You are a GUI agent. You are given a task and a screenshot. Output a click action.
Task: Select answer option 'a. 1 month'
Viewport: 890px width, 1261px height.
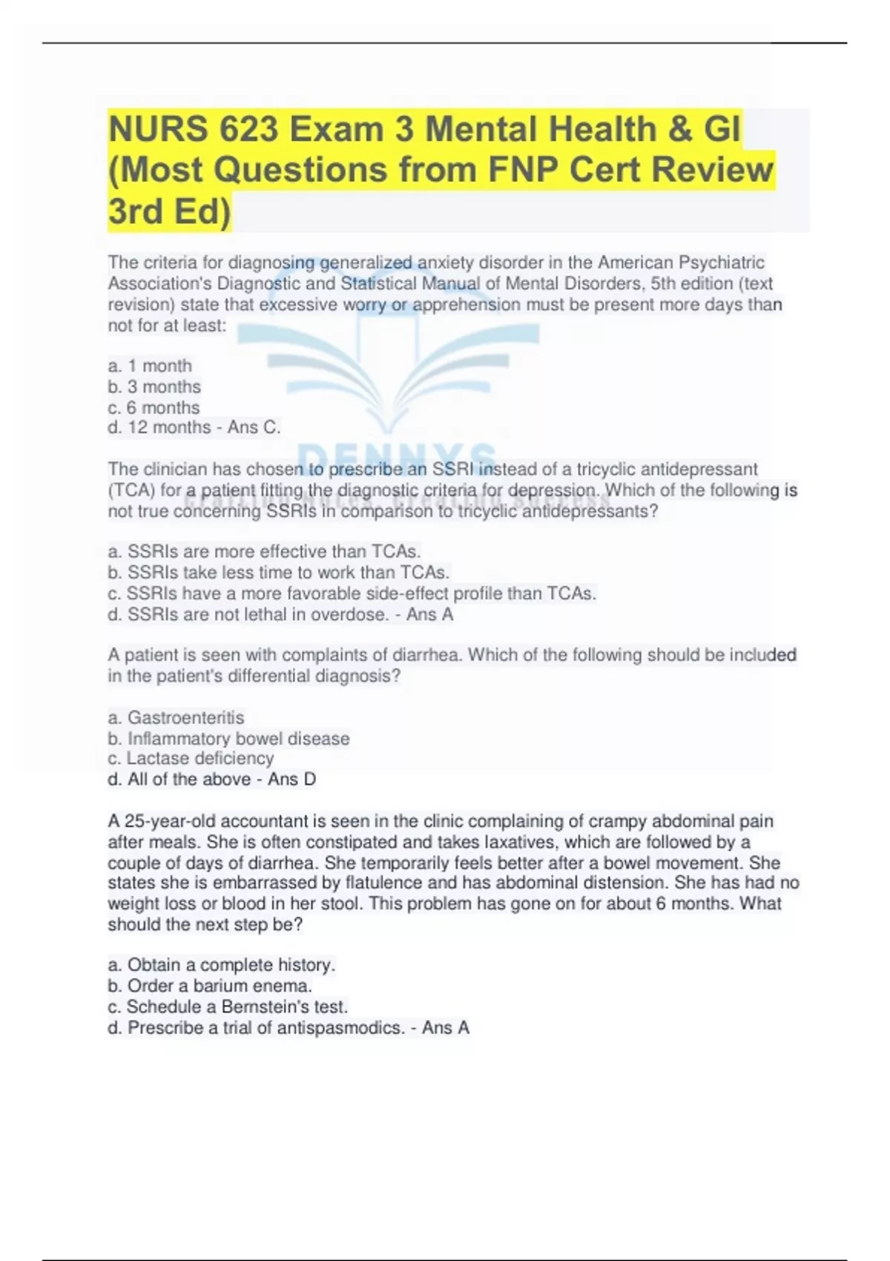click(150, 366)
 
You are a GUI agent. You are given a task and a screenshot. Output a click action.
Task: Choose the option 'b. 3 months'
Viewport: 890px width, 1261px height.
click(154, 386)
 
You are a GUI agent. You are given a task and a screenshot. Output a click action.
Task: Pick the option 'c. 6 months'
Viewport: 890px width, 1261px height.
click(154, 407)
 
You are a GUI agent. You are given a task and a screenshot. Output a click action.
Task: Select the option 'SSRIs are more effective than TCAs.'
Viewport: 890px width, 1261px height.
click(265, 551)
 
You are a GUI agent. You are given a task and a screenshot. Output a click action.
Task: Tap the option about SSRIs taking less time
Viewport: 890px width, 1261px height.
click(279, 573)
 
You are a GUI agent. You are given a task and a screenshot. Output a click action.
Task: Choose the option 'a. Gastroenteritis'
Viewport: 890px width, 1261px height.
click(176, 717)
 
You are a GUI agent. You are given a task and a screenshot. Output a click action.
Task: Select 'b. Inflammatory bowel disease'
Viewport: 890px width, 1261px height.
click(228, 739)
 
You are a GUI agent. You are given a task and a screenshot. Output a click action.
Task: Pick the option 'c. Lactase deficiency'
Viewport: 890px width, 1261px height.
click(191, 758)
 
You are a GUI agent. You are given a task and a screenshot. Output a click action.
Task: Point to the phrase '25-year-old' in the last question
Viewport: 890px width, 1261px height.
click(171, 821)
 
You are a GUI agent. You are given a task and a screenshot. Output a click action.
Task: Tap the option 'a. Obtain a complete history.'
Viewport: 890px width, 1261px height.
click(222, 965)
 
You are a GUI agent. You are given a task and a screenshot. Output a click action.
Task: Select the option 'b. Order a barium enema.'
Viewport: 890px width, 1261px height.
click(210, 986)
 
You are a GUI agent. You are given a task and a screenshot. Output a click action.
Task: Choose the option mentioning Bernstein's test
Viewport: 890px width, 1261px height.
click(228, 1007)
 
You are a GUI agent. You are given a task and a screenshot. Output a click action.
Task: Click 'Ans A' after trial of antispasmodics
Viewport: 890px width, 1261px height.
click(445, 1027)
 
